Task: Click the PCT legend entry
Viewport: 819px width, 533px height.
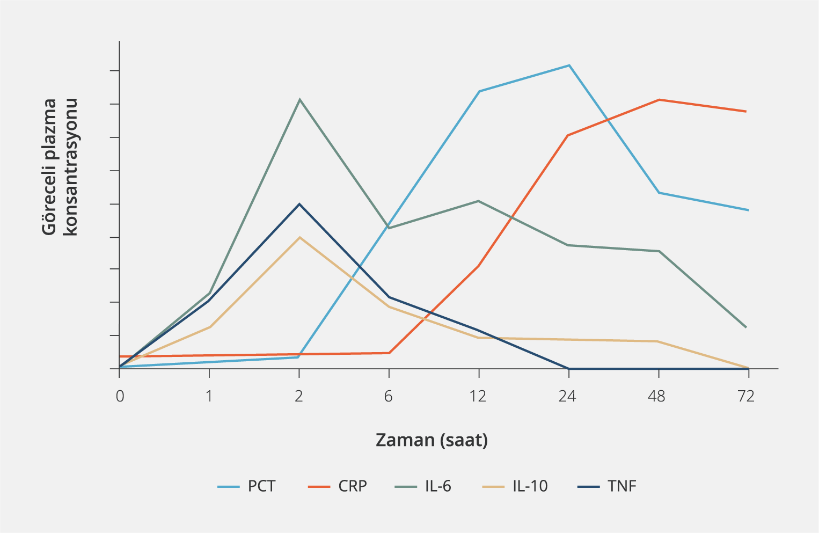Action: (246, 486)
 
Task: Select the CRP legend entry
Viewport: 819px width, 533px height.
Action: (338, 486)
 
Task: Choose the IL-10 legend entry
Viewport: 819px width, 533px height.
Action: (515, 486)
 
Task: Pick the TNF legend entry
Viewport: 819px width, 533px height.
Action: (607, 486)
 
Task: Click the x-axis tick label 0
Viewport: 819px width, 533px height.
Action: (120, 397)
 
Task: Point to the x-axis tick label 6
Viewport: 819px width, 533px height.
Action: (388, 397)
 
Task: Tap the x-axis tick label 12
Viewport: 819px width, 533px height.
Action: (478, 397)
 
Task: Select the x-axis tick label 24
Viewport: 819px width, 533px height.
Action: (567, 397)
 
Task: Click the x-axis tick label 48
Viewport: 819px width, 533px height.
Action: (657, 397)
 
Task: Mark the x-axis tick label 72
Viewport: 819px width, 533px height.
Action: (747, 397)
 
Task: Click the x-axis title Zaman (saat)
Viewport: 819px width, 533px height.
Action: (432, 440)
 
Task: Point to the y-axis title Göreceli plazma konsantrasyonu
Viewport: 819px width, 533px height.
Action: (60, 167)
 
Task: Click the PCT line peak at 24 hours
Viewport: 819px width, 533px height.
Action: (569, 65)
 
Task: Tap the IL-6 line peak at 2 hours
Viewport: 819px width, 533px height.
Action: (299, 99)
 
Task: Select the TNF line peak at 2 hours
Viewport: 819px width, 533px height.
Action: (299, 204)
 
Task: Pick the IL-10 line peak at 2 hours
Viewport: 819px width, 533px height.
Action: (299, 237)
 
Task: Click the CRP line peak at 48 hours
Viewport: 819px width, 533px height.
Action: (659, 100)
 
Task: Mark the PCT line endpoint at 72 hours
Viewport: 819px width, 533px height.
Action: (748, 210)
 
